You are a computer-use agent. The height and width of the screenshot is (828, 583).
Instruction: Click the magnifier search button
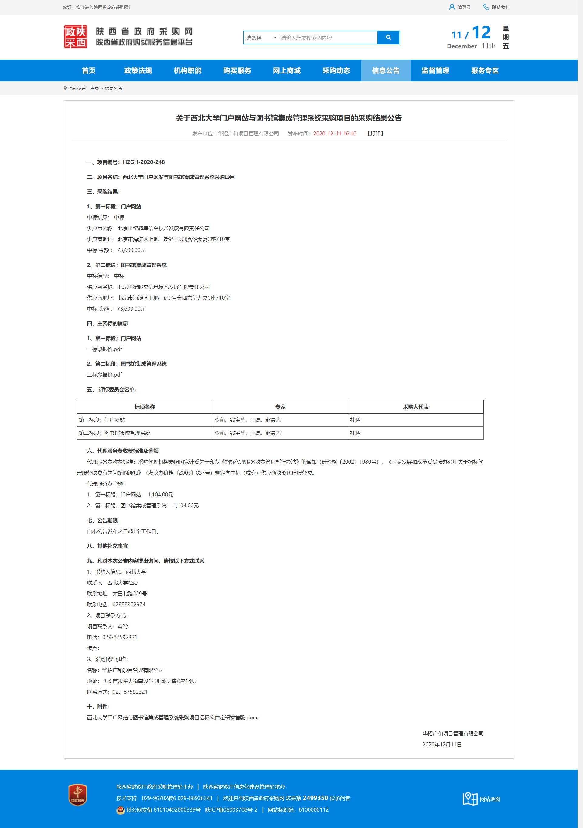coord(388,38)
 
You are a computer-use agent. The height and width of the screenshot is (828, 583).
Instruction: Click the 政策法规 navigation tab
coord(138,71)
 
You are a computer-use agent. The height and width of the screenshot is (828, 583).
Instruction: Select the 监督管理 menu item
coord(435,71)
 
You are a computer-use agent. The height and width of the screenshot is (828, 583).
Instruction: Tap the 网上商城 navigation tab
coord(287,71)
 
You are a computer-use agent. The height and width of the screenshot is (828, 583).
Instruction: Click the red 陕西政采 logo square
coord(76,37)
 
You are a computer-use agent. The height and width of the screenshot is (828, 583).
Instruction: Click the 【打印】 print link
coord(375,133)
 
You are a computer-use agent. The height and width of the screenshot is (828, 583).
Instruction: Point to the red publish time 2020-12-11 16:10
coord(335,133)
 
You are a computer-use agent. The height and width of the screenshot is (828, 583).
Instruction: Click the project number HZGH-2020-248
coord(144,162)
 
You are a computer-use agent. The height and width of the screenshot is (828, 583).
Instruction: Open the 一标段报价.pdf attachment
coord(104,349)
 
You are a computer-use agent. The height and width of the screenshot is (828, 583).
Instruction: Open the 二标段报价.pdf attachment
coord(104,375)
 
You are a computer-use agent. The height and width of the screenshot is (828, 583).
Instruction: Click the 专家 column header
coord(280,407)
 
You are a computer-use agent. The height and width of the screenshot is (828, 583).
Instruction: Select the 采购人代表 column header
coord(415,407)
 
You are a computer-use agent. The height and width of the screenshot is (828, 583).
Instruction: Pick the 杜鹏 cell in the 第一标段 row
coord(355,420)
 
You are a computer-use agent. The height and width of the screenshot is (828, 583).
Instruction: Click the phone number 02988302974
coord(129,605)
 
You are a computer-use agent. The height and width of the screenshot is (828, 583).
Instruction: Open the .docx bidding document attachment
coord(172,718)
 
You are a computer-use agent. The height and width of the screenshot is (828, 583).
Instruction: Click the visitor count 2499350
coord(315,798)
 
